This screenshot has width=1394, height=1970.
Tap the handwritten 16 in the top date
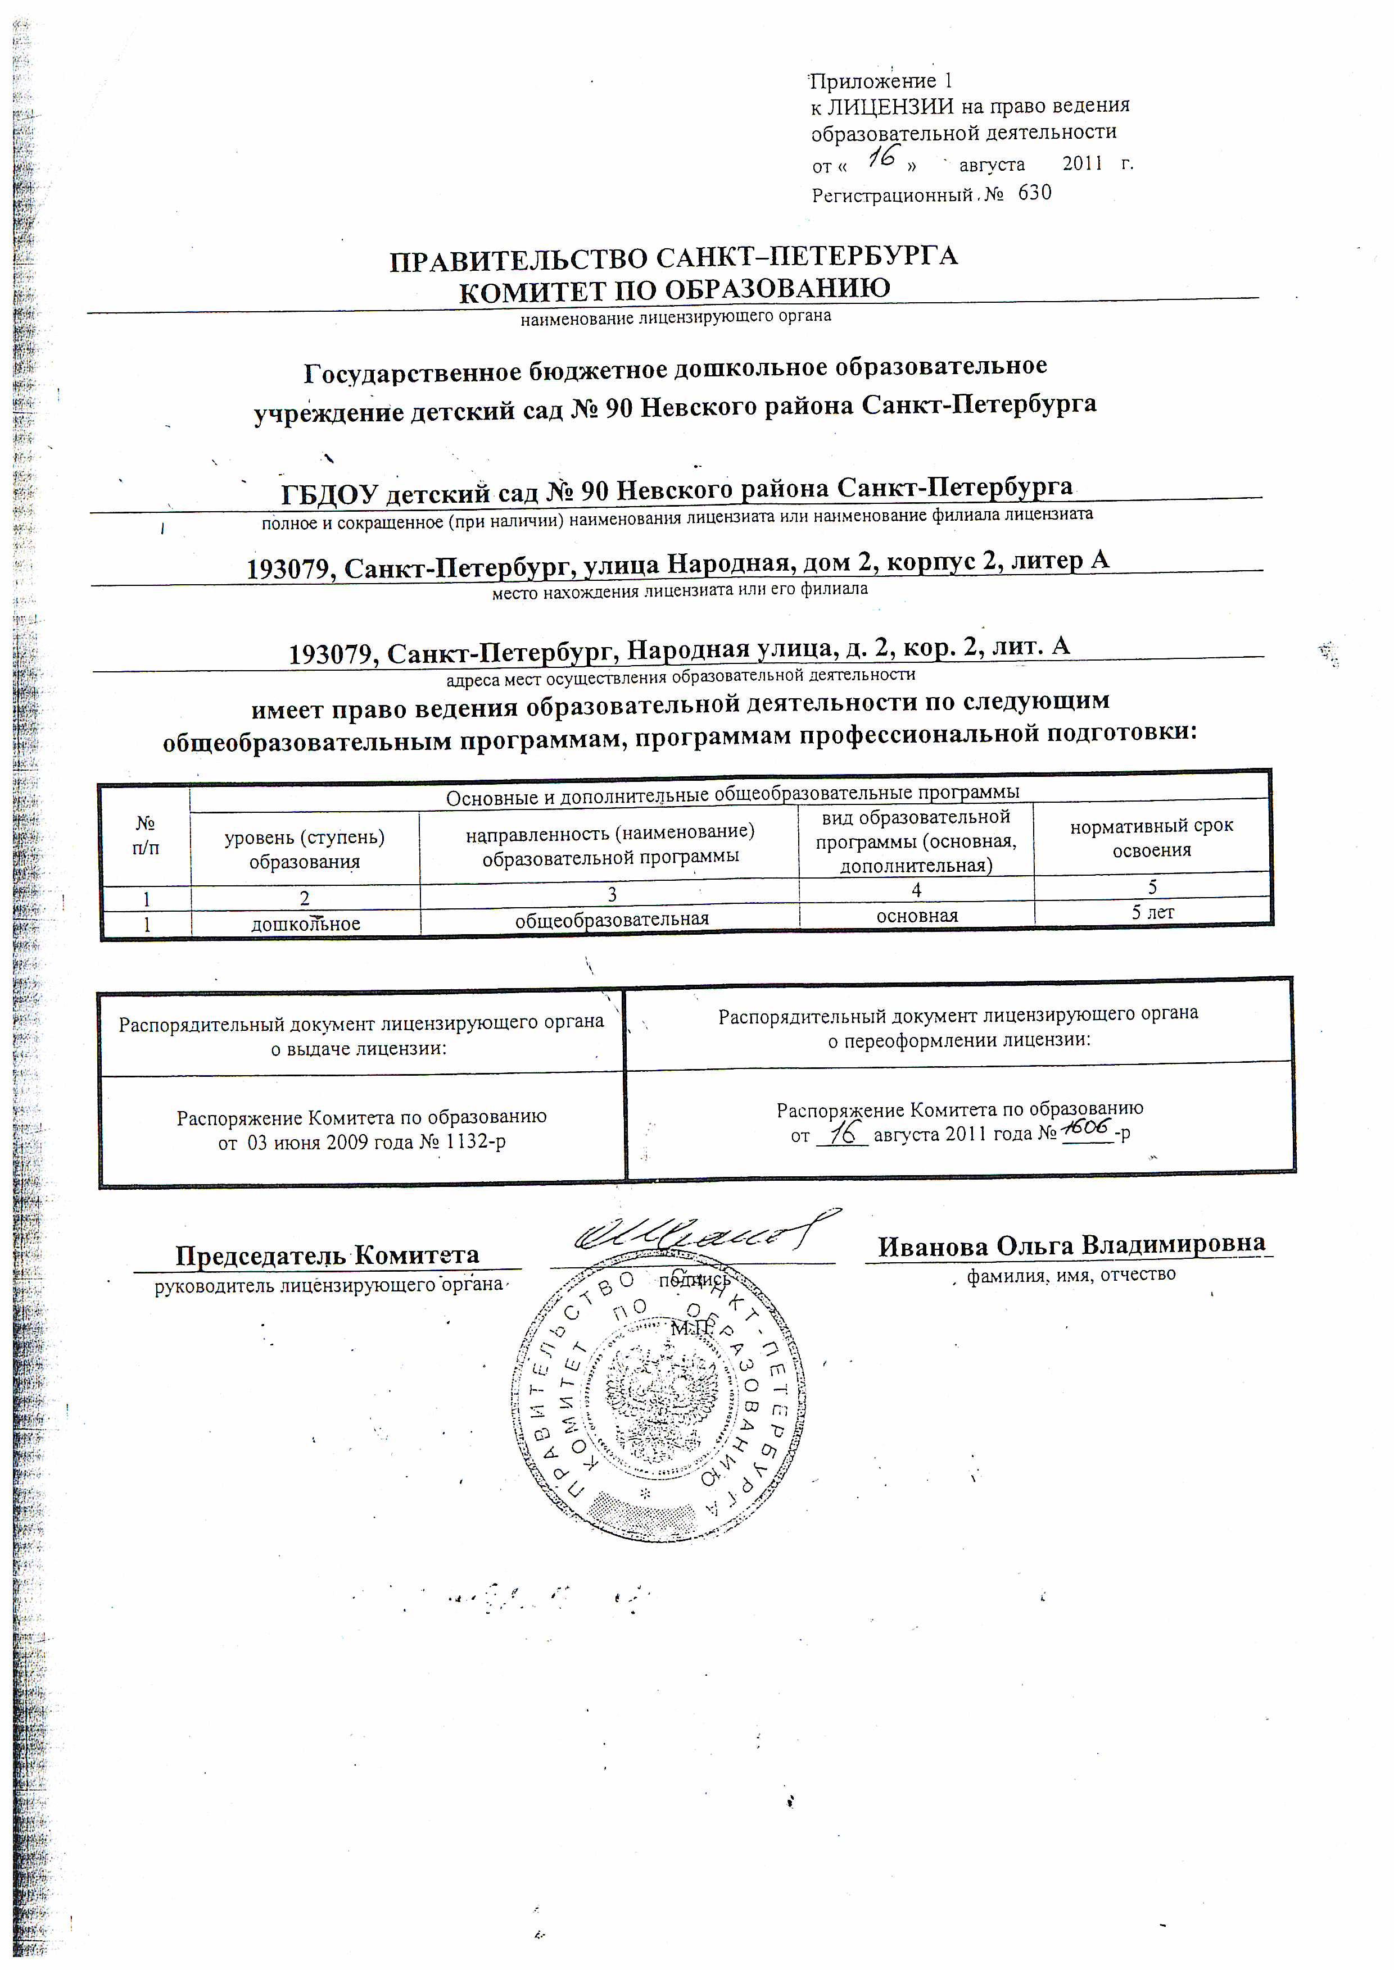(881, 157)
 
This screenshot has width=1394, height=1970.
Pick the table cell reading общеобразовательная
(611, 919)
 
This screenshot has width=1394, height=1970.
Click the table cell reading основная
(917, 916)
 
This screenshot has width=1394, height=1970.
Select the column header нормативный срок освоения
(1151, 838)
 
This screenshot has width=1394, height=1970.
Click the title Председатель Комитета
(327, 1255)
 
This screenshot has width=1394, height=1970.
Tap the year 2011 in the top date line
(1081, 163)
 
